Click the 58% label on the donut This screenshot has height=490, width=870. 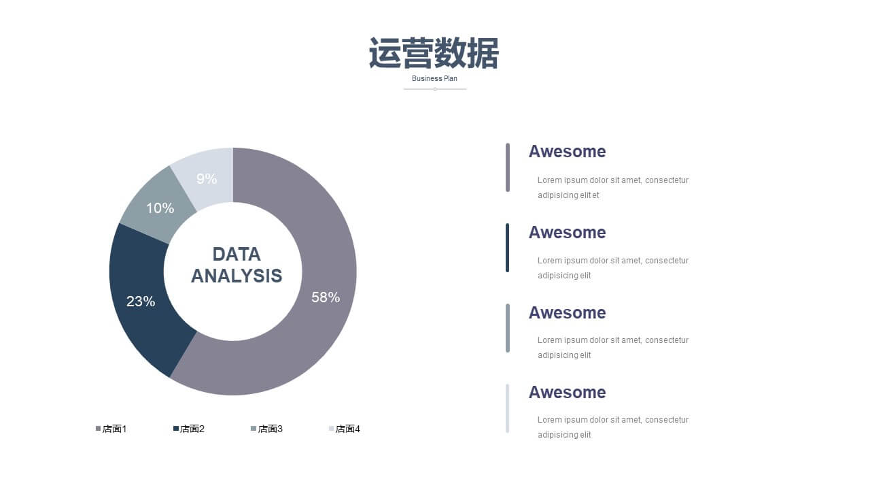click(x=326, y=297)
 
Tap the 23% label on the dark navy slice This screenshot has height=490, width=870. click(x=141, y=301)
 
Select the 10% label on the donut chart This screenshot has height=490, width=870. click(x=160, y=208)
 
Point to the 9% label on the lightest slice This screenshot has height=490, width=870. click(x=207, y=179)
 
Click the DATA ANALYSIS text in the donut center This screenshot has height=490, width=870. click(x=237, y=265)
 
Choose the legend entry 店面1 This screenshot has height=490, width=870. click(x=111, y=429)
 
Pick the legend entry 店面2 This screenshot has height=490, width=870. click(x=189, y=429)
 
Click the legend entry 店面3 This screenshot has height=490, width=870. click(x=267, y=429)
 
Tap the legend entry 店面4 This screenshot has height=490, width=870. click(x=345, y=429)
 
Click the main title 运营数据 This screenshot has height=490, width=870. click(x=434, y=53)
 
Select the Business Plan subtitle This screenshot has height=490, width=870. click(x=434, y=78)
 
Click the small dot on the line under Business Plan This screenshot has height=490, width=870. click(x=435, y=89)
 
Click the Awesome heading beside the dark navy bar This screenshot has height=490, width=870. click(x=567, y=233)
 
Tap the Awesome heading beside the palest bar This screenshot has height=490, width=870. click(x=567, y=393)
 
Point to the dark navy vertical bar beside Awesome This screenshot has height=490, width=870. click(x=507, y=248)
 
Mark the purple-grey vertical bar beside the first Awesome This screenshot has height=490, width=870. click(x=507, y=167)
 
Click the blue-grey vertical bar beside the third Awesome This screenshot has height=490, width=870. click(x=507, y=328)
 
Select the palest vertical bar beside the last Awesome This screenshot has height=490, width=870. click(x=507, y=408)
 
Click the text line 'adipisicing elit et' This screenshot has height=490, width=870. click(x=568, y=195)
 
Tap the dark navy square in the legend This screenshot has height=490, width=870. click(x=176, y=429)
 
